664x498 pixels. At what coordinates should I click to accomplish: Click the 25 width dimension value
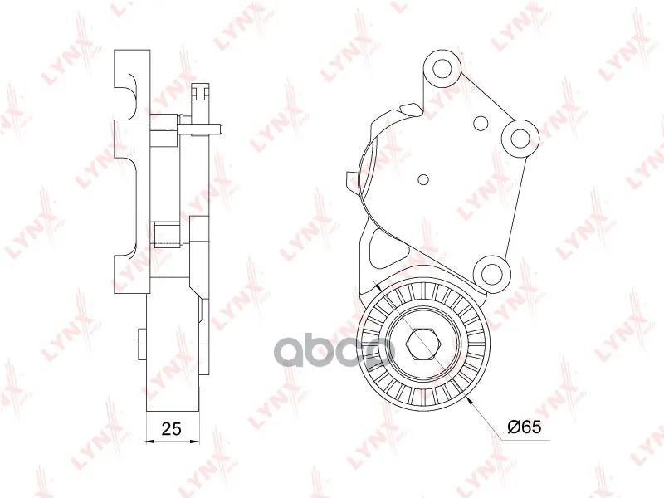click(172, 428)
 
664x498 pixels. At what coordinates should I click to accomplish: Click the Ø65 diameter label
click(525, 427)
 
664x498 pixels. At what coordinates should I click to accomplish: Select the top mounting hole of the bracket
click(442, 69)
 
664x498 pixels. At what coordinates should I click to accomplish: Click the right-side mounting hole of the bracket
click(520, 137)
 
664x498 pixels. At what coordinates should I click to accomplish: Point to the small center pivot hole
click(423, 179)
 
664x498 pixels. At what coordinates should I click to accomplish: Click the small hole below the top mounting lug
click(481, 123)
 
